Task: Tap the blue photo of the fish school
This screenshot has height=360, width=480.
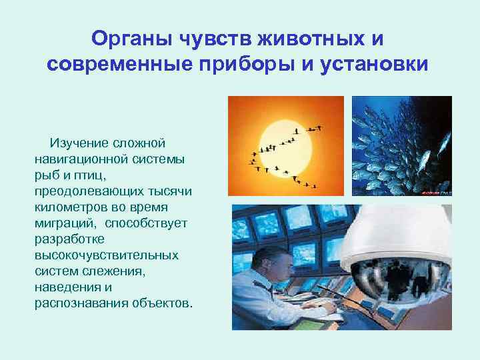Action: pos(401,146)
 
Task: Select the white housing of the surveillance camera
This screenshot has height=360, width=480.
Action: pos(401,233)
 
